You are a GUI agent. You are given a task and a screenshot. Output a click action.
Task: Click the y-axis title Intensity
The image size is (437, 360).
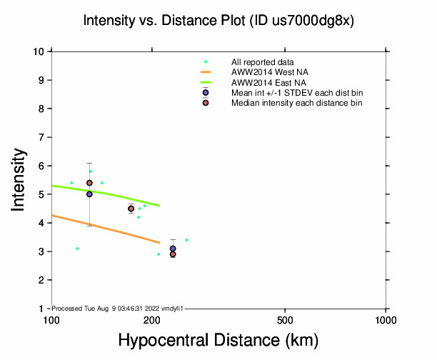tap(20, 179)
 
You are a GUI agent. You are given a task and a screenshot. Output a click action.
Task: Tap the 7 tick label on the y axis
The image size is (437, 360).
tap(42, 137)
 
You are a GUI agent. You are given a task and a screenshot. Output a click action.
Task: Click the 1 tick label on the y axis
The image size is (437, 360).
tap(42, 309)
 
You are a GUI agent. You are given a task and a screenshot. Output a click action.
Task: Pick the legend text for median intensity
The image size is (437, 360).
tap(296, 103)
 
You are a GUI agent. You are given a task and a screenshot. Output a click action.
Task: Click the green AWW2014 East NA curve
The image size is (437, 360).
tap(107, 192)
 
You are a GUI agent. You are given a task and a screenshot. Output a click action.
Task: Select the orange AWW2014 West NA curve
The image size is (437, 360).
tap(107, 226)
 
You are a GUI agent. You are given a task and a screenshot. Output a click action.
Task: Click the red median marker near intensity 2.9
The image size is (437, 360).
tap(173, 254)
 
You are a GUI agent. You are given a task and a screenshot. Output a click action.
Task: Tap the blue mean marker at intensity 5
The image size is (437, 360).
tap(89, 194)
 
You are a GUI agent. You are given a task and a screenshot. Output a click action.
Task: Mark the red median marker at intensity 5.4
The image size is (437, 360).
tap(89, 183)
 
